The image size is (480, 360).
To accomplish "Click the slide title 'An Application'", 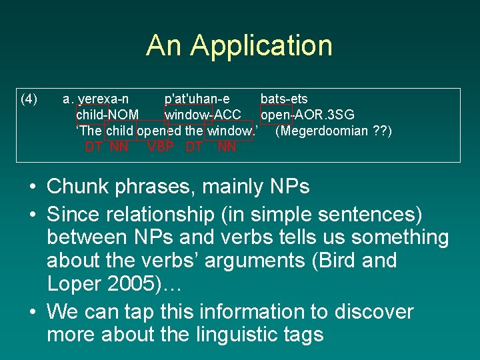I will [239, 46].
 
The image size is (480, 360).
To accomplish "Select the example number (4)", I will [29, 99].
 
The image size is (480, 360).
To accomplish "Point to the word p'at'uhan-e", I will [197, 99].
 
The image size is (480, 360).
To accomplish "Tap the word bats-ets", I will [284, 99].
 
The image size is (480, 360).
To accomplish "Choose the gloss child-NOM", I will [107, 115].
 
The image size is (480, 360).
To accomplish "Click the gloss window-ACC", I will [203, 115].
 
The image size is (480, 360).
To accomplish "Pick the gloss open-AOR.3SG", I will [307, 115].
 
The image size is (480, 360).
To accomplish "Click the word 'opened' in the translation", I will [160, 131].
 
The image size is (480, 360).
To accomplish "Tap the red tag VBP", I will [161, 147].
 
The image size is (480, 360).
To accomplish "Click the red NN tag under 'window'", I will [227, 147].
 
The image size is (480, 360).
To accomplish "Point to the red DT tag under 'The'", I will [93, 147].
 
